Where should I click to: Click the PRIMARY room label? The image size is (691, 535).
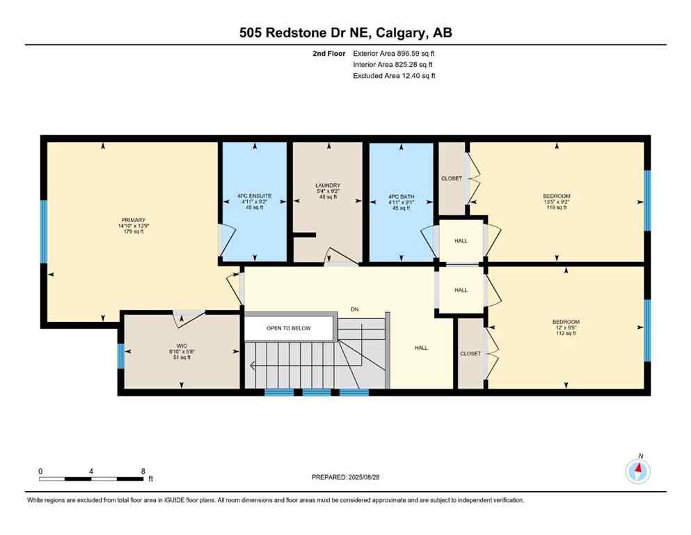[132, 226]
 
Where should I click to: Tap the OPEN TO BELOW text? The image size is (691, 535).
[288, 328]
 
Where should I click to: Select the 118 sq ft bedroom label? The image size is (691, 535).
[556, 201]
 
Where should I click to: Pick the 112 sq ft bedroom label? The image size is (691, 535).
[565, 327]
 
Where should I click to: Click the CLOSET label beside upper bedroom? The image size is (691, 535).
[452, 178]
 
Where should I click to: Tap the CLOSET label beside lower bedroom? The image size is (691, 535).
[470, 353]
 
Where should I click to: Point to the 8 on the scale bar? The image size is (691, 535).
[143, 471]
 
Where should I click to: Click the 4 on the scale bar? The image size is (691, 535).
[91, 471]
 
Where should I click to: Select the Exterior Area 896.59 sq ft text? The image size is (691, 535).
[395, 53]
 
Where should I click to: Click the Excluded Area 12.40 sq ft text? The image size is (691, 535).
[394, 76]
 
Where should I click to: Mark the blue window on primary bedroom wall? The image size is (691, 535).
[43, 232]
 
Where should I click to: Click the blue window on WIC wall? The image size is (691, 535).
[121, 356]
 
